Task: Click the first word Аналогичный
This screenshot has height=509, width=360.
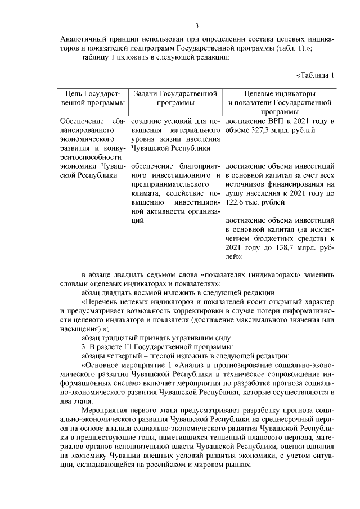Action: [x=83, y=39]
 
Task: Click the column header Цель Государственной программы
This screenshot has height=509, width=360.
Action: [x=93, y=98]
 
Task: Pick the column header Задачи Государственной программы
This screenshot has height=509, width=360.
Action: [x=176, y=98]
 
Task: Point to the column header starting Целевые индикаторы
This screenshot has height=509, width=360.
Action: [x=280, y=93]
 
